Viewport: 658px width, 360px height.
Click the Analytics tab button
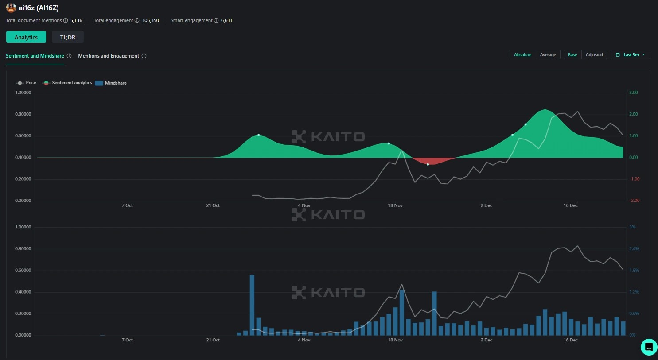coord(26,37)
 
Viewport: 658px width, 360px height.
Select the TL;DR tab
coord(68,37)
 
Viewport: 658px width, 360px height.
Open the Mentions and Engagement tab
coord(109,56)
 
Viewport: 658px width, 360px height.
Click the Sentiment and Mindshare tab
coord(35,56)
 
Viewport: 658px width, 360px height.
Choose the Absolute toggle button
coord(522,55)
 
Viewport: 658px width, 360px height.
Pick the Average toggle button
coord(548,55)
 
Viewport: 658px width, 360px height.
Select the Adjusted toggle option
coord(594,55)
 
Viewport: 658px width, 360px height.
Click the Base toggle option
coord(572,55)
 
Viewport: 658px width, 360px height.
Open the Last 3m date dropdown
coord(630,55)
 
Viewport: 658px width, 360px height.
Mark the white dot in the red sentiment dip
coord(428,164)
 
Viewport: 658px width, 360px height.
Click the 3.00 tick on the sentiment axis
coord(634,93)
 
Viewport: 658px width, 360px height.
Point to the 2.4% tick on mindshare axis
coord(634,249)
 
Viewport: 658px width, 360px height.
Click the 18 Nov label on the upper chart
coord(395,205)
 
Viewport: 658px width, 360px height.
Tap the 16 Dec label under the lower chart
coord(570,340)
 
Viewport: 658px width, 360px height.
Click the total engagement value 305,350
coord(150,20)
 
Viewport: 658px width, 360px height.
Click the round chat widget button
coord(649,347)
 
